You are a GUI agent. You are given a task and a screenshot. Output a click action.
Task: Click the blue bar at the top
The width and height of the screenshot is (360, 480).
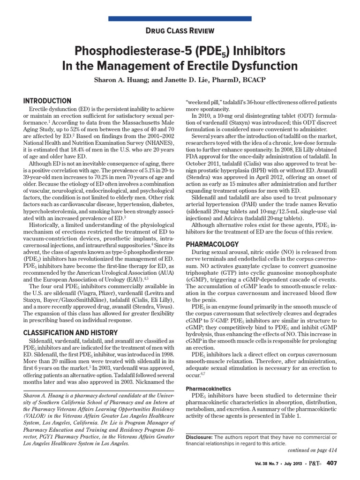(180, 18)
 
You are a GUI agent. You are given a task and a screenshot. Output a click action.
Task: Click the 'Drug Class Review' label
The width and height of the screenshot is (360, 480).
(180, 31)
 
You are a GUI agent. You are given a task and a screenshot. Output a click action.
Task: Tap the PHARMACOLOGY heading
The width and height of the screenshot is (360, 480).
(212, 244)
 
